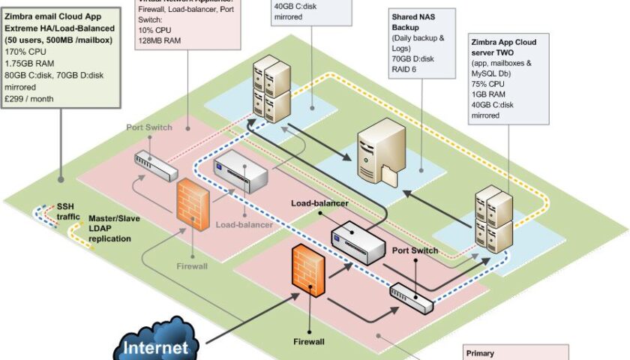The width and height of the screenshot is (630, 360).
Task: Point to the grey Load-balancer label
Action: pyautogui.click(x=244, y=223)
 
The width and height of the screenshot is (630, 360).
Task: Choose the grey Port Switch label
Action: pyautogui.click(x=148, y=127)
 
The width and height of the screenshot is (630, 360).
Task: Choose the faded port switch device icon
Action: pyautogui.click(x=156, y=166)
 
